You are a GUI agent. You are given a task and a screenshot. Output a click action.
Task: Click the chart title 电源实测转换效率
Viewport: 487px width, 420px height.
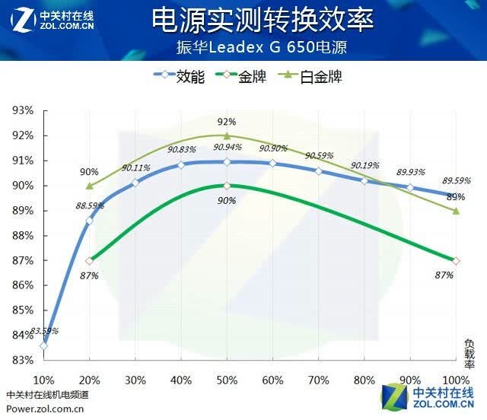point(263,21)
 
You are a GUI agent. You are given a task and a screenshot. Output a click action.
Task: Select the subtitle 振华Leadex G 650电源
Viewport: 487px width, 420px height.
point(262,47)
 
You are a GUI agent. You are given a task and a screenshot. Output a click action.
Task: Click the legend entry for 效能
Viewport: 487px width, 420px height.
point(180,76)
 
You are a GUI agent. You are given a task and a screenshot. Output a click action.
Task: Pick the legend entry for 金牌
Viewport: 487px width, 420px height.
point(240,76)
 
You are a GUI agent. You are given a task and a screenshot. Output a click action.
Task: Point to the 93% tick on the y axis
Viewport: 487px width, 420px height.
point(23,110)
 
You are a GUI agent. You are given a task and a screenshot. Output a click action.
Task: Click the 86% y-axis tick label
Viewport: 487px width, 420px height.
point(23,285)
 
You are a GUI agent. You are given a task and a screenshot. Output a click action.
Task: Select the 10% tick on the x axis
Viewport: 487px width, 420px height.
point(44,380)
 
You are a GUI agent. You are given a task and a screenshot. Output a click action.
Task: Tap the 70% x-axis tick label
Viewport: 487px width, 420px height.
point(318,380)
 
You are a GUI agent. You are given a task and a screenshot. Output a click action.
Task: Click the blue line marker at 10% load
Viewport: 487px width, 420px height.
point(44,345)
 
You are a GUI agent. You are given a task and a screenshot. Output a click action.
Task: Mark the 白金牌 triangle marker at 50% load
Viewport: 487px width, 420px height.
point(227,135)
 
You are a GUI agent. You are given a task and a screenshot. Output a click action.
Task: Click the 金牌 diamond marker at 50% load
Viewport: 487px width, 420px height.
point(227,186)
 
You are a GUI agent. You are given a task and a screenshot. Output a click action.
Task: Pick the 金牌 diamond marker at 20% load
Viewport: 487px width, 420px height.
point(90,261)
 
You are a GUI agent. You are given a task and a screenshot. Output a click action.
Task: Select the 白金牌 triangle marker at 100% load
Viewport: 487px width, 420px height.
point(456,211)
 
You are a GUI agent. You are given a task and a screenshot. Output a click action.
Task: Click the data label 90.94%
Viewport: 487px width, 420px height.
point(227,147)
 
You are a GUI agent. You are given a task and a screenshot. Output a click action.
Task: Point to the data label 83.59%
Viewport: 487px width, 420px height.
point(44,331)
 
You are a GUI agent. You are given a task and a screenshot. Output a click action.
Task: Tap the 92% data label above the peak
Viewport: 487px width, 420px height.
point(227,122)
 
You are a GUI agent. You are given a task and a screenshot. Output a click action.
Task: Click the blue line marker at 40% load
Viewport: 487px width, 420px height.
point(181,164)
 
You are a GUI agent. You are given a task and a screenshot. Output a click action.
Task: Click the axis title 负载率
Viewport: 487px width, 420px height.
point(469,354)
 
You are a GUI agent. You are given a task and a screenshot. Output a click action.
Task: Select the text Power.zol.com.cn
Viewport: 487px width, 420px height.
point(45,409)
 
